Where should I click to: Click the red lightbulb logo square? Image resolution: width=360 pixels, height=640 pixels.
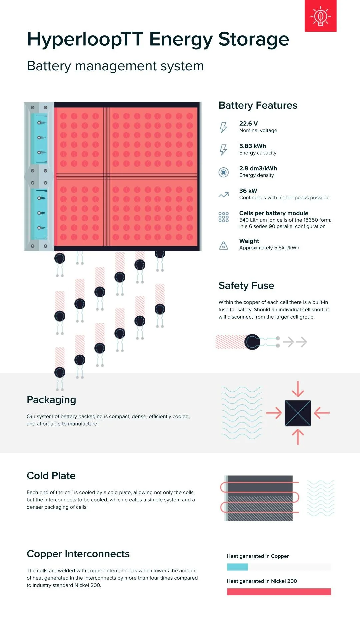tap(320, 16)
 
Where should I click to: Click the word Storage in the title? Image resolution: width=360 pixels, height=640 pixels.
tap(253, 39)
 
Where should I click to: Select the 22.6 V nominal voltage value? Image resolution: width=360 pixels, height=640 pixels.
tap(248, 124)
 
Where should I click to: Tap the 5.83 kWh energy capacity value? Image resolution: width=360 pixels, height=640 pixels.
tap(252, 146)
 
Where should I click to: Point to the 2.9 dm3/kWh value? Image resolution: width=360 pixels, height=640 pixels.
tap(258, 168)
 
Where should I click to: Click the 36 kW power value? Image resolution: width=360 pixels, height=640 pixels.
tap(248, 191)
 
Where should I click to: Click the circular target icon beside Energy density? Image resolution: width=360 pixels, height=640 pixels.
tap(223, 172)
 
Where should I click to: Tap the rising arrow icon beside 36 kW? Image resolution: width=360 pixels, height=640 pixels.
tap(223, 195)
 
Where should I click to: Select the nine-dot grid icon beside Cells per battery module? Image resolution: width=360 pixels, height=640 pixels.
tap(223, 217)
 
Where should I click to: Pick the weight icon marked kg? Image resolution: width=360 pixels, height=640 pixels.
tap(223, 246)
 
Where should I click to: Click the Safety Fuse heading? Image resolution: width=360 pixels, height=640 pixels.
tap(246, 286)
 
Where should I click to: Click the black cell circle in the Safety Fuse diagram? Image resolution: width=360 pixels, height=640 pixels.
tap(252, 342)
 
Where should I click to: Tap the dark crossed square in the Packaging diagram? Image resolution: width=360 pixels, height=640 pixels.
tap(298, 413)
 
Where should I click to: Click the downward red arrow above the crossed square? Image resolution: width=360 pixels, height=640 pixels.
tap(298, 389)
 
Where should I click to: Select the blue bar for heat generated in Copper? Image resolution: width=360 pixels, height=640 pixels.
tap(237, 567)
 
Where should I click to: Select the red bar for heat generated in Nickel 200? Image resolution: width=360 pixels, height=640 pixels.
tap(279, 592)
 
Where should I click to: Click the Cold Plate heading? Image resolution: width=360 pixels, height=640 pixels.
tap(51, 476)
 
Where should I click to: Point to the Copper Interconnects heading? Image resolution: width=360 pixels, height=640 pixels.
tap(78, 554)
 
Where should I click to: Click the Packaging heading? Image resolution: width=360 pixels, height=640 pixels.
tap(51, 400)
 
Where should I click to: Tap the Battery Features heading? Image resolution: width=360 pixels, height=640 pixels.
tap(258, 105)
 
